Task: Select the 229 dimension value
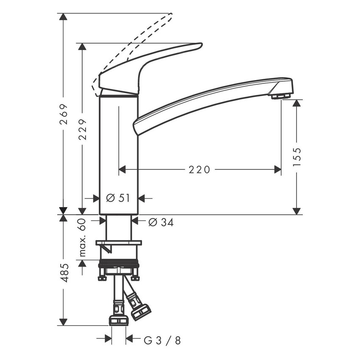(83, 128)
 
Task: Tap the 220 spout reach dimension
(199, 169)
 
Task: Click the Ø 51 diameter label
(118, 198)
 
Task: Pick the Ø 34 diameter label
(161, 222)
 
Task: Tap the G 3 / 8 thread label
(162, 340)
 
